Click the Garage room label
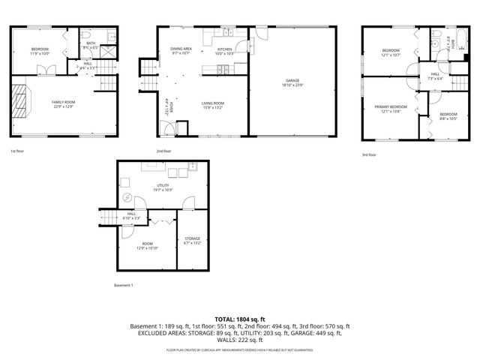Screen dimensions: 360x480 point(292,81)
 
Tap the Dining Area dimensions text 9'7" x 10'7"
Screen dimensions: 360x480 point(181,53)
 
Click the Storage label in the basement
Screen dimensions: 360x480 point(193,238)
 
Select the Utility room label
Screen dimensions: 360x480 point(163,184)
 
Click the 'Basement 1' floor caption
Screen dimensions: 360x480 point(123,285)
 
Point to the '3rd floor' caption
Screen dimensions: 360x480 point(370,154)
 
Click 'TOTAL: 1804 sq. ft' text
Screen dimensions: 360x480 point(240,319)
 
